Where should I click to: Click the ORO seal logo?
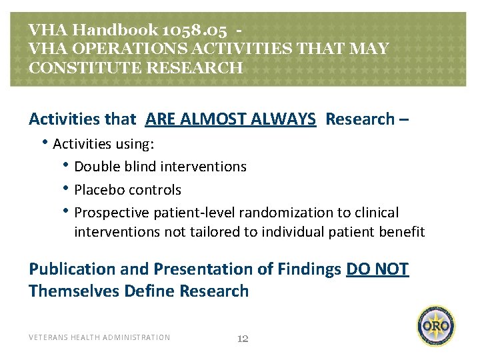click(437, 327)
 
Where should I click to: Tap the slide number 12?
click(243, 339)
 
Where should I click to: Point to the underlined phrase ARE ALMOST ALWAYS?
click(230, 119)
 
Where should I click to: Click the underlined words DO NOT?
click(377, 269)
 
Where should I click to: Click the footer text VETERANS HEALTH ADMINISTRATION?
click(99, 337)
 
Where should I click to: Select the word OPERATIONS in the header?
click(117, 49)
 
